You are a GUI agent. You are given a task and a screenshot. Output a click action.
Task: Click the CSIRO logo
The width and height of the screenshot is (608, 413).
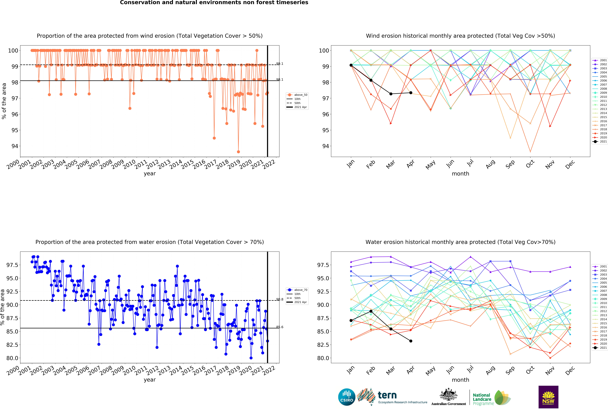pyautogui.click(x=347, y=397)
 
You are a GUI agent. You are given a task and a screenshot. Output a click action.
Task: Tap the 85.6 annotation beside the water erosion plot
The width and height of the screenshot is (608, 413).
pyautogui.click(x=280, y=327)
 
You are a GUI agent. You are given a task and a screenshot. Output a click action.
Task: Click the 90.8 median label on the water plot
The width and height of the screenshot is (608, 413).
pyautogui.click(x=280, y=299)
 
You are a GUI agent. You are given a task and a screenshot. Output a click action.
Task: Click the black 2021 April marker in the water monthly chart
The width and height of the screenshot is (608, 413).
pyautogui.click(x=411, y=341)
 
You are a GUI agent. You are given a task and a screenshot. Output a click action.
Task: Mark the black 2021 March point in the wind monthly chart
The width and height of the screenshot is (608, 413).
pyautogui.click(x=391, y=94)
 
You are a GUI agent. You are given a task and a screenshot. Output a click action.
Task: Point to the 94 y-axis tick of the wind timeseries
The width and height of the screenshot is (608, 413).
pyautogui.click(x=15, y=146)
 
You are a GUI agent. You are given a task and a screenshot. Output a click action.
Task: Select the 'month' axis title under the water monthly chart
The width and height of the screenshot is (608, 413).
pyautogui.click(x=460, y=380)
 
